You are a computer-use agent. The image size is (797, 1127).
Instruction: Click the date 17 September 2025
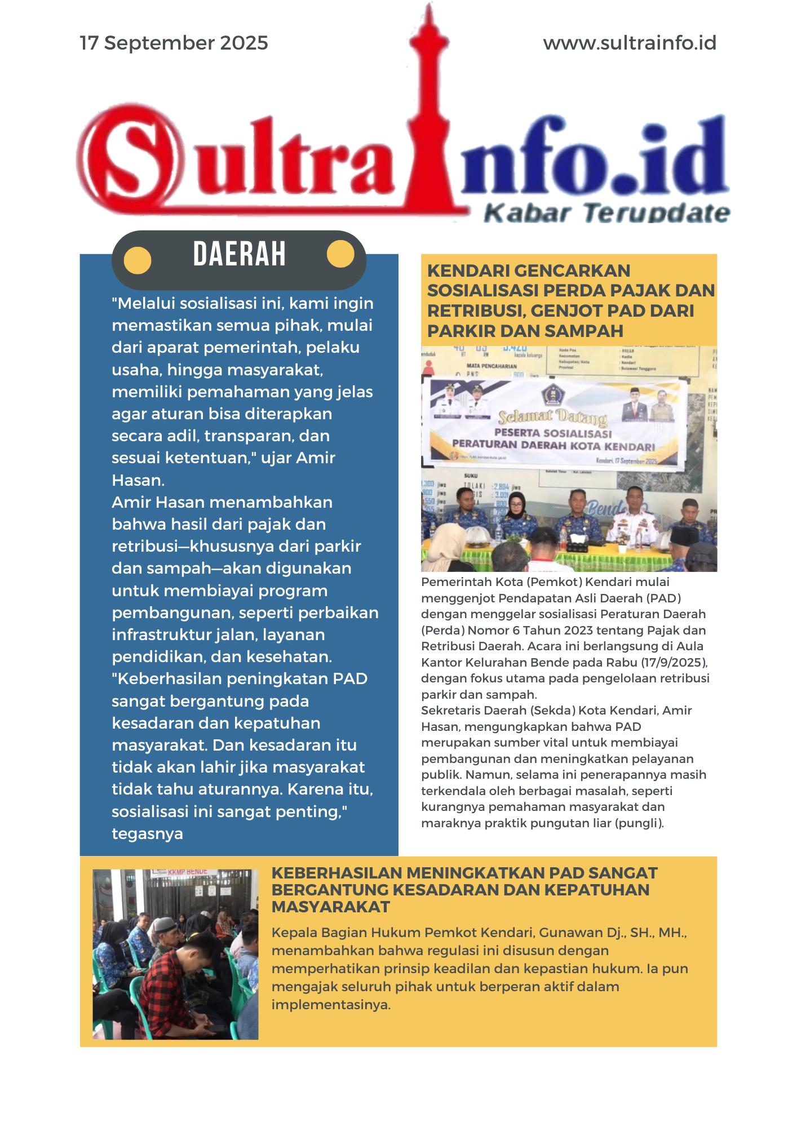click(174, 43)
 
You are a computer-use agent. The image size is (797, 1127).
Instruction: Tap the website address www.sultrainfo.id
click(630, 43)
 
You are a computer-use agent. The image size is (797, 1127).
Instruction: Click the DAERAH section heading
click(240, 254)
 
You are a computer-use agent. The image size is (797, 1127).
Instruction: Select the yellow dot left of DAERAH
click(138, 260)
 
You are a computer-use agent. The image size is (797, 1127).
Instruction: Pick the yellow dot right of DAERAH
click(340, 254)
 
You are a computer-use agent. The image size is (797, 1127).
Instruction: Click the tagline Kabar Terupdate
click(606, 213)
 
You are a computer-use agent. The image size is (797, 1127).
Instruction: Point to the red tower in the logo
click(430, 113)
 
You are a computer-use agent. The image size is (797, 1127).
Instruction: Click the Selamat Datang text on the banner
click(552, 417)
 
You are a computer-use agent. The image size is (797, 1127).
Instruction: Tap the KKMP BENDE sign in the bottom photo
click(188, 872)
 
